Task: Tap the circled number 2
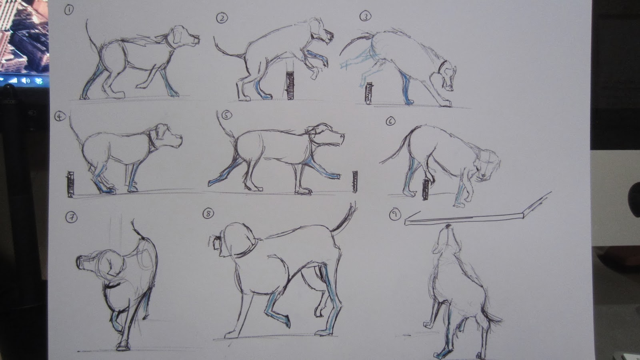222,17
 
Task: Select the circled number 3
364,16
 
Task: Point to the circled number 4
60,116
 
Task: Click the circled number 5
227,116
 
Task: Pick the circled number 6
390,121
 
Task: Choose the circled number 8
208,214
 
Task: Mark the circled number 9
394,215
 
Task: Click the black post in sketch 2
290,85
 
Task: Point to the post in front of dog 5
354,182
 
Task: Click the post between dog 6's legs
425,189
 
